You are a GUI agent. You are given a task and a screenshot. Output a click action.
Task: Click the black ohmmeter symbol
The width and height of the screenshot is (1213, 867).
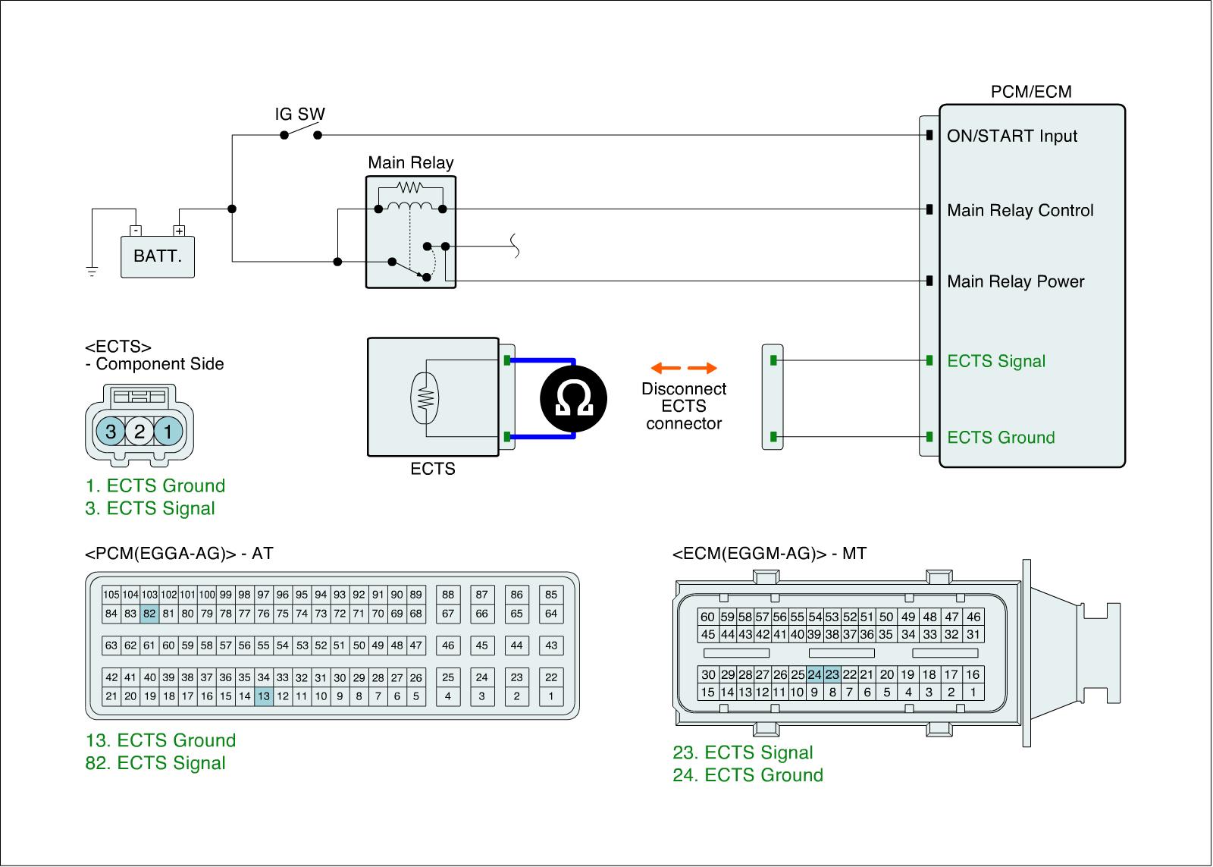pos(574,399)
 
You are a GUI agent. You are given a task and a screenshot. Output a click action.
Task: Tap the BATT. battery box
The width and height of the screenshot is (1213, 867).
pos(158,256)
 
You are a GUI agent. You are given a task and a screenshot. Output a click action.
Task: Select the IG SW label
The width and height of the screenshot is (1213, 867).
pos(299,115)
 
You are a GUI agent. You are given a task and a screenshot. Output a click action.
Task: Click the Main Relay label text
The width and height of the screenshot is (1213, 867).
pos(410,162)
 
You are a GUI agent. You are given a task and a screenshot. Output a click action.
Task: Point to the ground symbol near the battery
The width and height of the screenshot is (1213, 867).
pos(92,272)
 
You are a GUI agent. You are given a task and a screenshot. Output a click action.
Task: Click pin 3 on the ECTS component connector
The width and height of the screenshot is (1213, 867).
pos(111,432)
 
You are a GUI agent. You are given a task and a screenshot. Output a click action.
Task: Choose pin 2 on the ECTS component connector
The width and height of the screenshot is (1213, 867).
pos(139,432)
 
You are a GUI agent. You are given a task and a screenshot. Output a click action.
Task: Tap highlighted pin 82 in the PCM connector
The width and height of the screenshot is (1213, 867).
pos(149,614)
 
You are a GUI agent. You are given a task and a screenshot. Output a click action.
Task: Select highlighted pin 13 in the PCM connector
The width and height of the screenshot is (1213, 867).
pos(263,696)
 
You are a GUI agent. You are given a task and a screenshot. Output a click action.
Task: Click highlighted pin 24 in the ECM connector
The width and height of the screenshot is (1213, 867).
pos(814,674)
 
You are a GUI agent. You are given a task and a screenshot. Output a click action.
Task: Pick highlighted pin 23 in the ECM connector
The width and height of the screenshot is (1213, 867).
pos(832,674)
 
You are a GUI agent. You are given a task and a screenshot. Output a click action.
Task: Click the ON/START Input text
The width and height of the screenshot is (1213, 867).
pos(1011,137)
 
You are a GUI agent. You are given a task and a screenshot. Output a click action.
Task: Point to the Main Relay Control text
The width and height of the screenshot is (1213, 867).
pos(1020,211)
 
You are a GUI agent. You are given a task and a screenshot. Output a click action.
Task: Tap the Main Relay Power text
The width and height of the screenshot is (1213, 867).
pos(1015,282)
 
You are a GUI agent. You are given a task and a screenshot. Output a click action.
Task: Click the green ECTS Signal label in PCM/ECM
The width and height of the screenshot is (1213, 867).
pos(995,362)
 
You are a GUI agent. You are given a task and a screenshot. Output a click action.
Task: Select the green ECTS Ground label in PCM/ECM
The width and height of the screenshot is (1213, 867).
pos(1001,438)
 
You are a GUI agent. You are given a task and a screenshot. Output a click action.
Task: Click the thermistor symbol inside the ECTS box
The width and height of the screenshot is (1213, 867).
pos(425,398)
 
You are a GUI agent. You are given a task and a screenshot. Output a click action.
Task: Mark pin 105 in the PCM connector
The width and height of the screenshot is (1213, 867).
pos(111,595)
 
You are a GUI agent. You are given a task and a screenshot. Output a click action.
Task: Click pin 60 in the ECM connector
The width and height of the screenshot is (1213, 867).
pos(707,617)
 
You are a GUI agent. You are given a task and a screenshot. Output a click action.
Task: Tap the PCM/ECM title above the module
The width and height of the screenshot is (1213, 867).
pos(1031,92)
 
